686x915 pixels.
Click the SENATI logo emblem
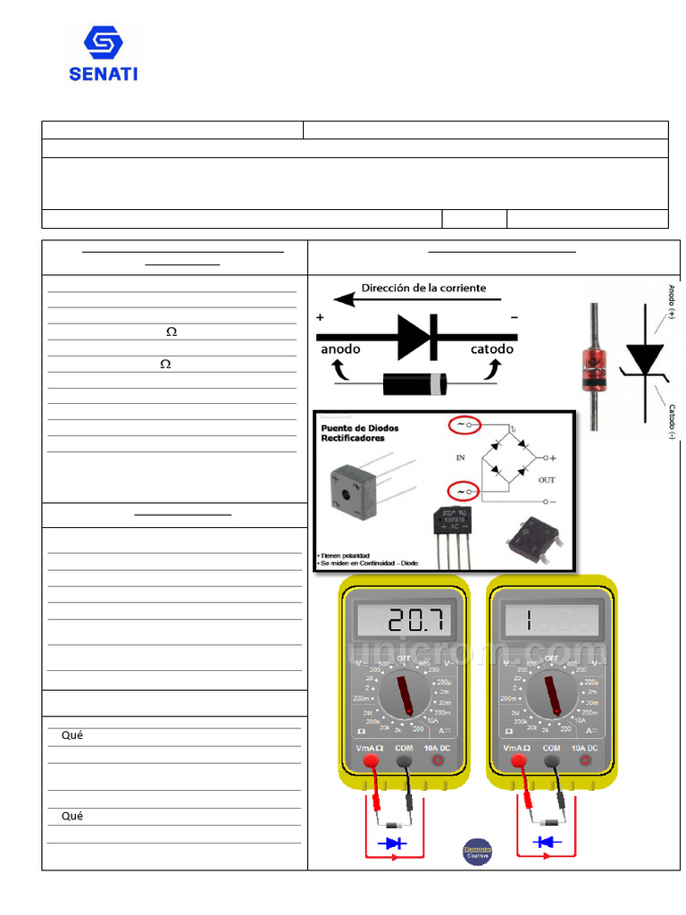coord(103,43)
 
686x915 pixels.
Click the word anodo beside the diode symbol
coord(340,349)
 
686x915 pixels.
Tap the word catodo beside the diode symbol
coord(492,349)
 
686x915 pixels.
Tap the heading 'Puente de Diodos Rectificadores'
coord(359,433)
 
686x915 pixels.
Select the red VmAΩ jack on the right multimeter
coord(516,760)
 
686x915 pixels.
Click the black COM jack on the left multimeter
coord(404,760)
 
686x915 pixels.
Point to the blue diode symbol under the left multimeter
coord(392,843)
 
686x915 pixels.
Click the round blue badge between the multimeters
coord(477,851)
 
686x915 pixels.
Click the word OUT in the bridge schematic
coord(546,480)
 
